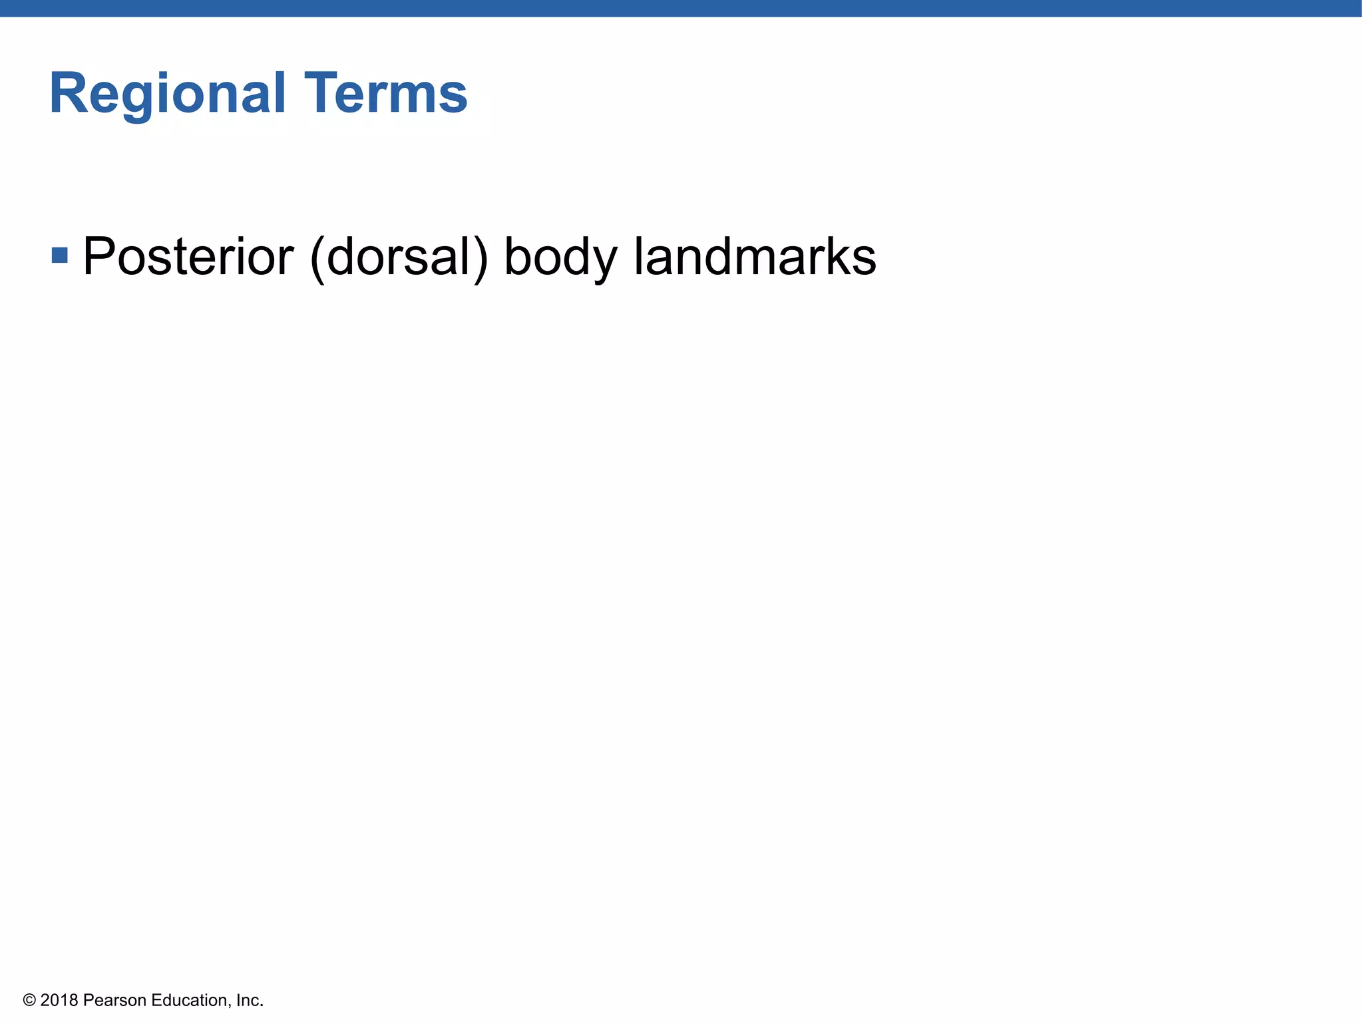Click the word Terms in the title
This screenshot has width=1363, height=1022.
(x=386, y=93)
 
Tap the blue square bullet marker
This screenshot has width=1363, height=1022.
(x=60, y=255)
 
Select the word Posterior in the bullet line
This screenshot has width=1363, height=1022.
(x=188, y=257)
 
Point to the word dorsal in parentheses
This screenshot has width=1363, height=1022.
(x=398, y=257)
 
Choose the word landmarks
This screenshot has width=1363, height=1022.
(x=754, y=257)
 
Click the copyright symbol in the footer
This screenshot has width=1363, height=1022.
(x=29, y=1000)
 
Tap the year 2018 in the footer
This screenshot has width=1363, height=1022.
(x=59, y=1000)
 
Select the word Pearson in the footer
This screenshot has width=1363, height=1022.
(x=114, y=1000)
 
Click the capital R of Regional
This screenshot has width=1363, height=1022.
(x=67, y=93)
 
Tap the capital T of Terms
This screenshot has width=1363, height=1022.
(x=321, y=93)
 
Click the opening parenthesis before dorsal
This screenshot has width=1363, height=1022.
(x=317, y=258)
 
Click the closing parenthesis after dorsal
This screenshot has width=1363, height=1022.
(x=481, y=258)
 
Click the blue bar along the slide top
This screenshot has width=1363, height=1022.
(x=681, y=8)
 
